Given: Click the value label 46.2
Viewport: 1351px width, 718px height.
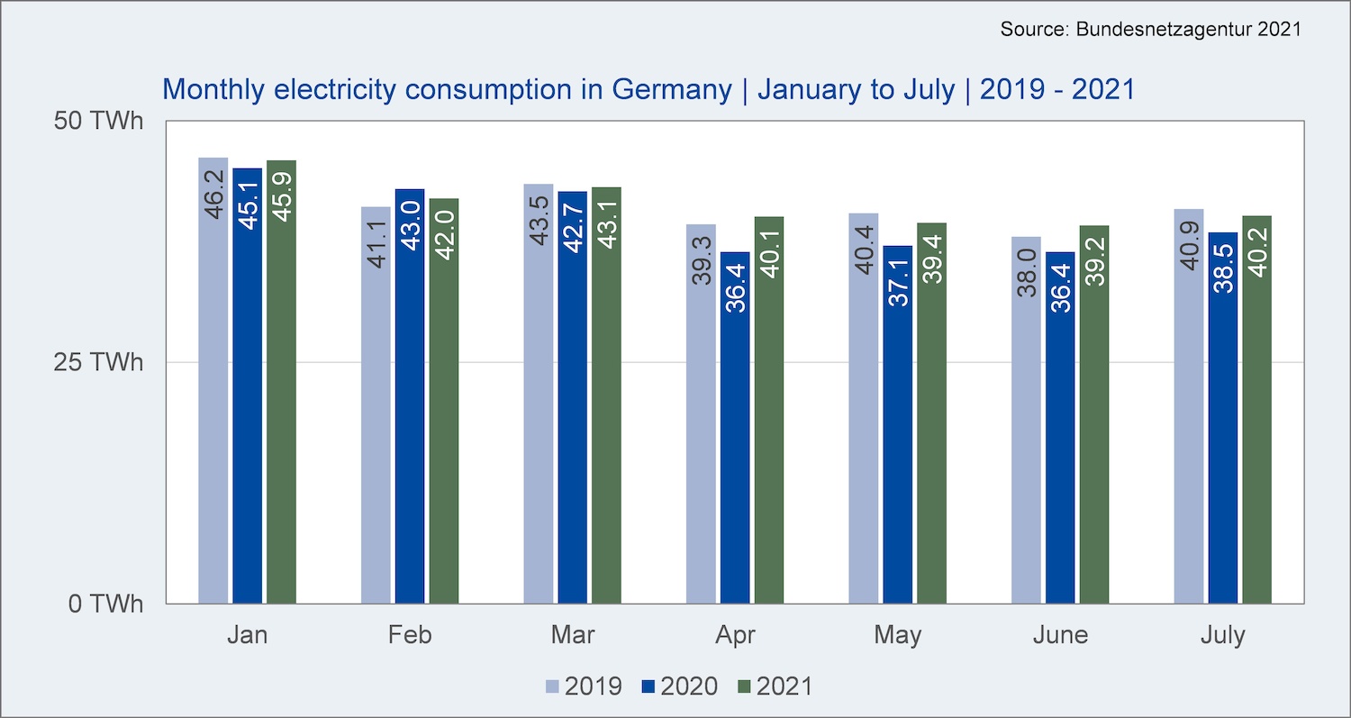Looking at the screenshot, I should (x=214, y=192).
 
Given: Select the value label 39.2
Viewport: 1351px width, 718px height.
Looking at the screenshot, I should (x=1094, y=260).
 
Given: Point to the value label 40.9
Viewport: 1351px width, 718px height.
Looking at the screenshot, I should (x=1189, y=242).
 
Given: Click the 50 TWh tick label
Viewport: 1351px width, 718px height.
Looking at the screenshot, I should (x=99, y=121).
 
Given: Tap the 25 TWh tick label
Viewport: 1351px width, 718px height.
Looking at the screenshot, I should (x=99, y=362).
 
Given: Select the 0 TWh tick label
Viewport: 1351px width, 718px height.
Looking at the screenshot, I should (x=106, y=604).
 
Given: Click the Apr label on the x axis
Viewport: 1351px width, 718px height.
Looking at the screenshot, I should (x=735, y=635).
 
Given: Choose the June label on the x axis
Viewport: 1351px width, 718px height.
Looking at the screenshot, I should (x=1060, y=635).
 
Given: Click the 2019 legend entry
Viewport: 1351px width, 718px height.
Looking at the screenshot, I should (x=585, y=686).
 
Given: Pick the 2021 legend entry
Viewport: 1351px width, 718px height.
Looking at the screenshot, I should (x=775, y=686).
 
